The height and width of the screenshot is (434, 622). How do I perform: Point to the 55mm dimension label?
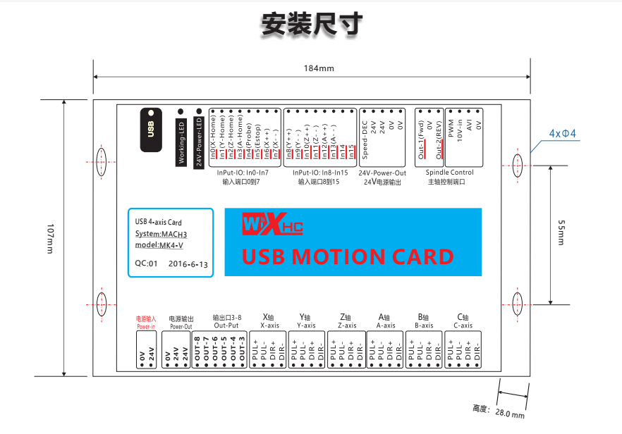561,232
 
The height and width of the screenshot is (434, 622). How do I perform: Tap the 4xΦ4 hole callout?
562,134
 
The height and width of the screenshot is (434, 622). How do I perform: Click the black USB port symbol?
150,130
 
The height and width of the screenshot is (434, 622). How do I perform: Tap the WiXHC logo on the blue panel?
272,225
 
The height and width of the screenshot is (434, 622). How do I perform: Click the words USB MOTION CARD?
348,256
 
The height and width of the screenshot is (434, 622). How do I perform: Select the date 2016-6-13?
188,264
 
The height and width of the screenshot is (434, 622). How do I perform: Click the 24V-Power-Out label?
382,173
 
